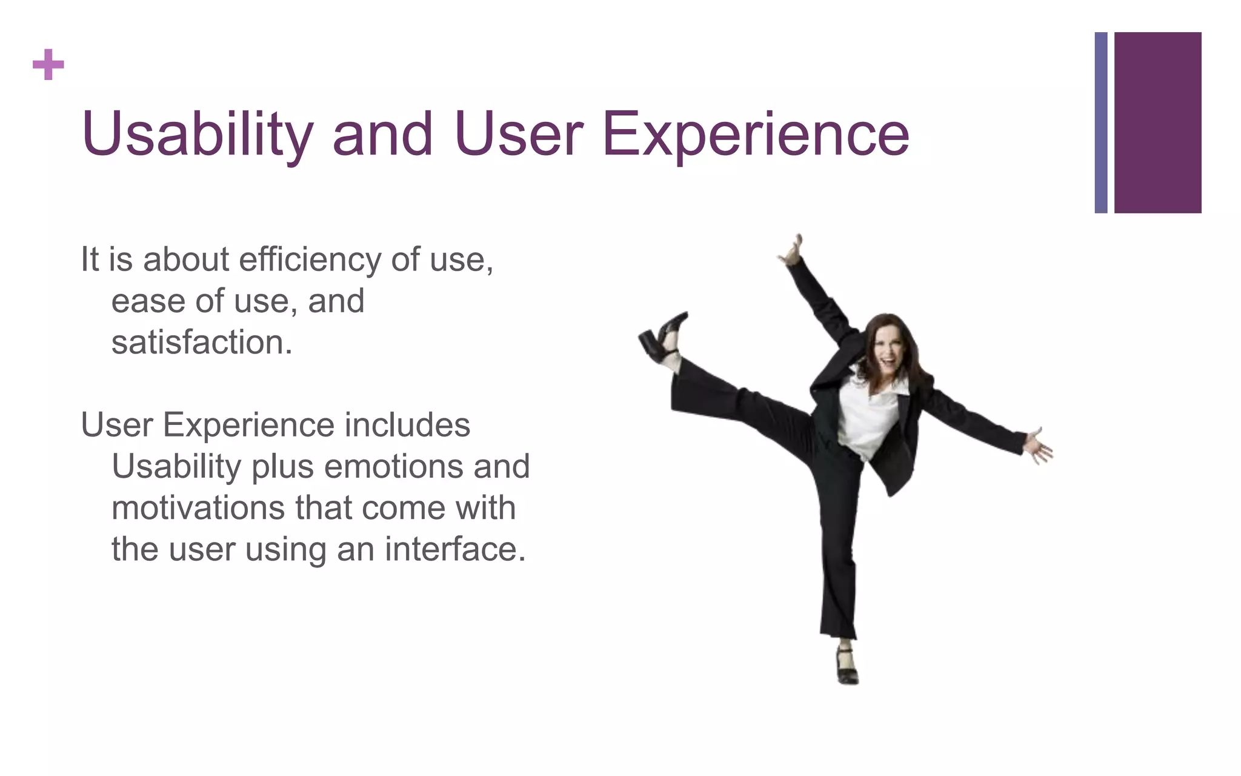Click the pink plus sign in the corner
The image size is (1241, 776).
48,65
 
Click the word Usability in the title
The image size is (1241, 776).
198,135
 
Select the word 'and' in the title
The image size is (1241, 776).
382,135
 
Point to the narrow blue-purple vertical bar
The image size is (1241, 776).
1100,122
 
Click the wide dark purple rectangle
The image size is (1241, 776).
1157,122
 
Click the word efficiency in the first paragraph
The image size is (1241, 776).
310,260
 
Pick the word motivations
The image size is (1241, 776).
198,508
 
